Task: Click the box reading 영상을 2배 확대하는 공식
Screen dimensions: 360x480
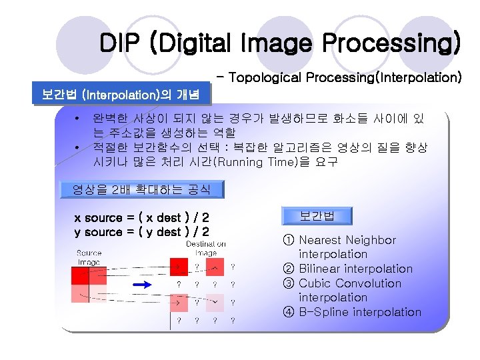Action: [x=141, y=189]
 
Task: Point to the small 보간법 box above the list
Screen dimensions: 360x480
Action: [x=316, y=215]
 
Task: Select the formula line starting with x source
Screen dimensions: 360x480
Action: [x=141, y=218]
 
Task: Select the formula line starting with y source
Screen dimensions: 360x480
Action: [x=141, y=232]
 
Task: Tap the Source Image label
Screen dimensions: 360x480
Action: [x=89, y=257]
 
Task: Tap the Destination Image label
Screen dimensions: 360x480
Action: [x=205, y=249]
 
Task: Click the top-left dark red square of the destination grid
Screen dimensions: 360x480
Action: [x=178, y=267]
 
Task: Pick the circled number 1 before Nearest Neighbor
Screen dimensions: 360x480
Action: [x=288, y=240]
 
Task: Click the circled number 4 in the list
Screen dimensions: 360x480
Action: [x=288, y=312]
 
